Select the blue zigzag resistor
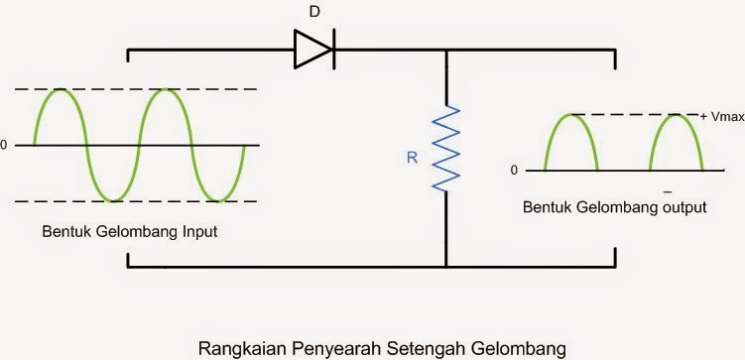click(x=445, y=148)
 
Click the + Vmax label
click(x=717, y=117)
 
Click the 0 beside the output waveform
click(x=514, y=171)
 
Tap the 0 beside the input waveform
click(x=4, y=146)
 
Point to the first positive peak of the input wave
click(x=61, y=90)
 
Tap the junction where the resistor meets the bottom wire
click(x=445, y=267)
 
